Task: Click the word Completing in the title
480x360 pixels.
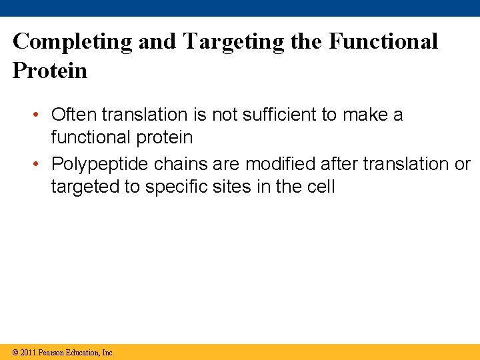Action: pyautogui.click(x=73, y=41)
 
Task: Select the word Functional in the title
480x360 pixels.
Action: pyautogui.click(x=383, y=41)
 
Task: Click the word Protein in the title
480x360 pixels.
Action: pyautogui.click(x=50, y=71)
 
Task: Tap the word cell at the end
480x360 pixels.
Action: pyautogui.click(x=319, y=187)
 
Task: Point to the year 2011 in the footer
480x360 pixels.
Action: pyautogui.click(x=29, y=353)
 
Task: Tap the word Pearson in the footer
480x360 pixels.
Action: pyautogui.click(x=51, y=353)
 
